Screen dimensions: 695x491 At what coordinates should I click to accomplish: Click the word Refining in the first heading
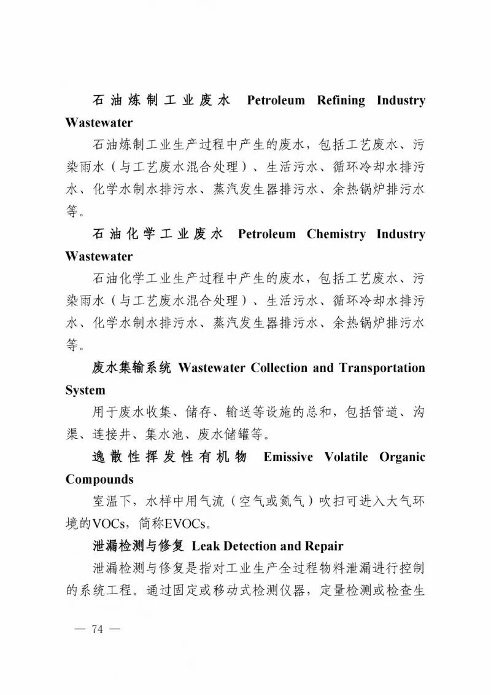pyautogui.click(x=341, y=100)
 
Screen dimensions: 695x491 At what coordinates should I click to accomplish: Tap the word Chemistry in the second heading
pyautogui.click(x=336, y=234)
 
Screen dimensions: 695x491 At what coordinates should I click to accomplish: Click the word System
pyautogui.click(x=85, y=391)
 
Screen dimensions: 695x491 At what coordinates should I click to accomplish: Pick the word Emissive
pyautogui.click(x=288, y=457)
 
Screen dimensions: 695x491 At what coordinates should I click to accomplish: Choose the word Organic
pyautogui.click(x=402, y=457)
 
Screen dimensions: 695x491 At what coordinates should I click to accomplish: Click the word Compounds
pyautogui.click(x=99, y=479)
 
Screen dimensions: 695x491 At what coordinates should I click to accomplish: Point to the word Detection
pyautogui.click(x=251, y=546)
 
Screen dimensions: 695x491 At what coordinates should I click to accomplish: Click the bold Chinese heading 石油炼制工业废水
pyautogui.click(x=161, y=100)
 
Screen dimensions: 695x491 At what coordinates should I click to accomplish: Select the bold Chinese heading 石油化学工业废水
pyautogui.click(x=157, y=234)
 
